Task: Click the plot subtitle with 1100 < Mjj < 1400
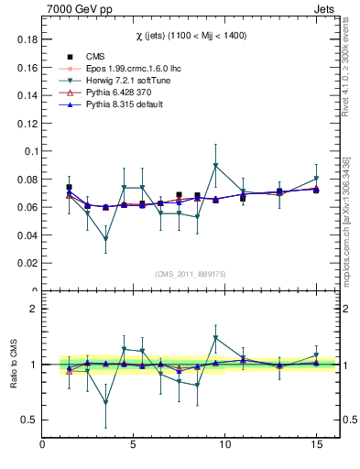point(191,35)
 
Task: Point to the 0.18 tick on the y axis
point(27,39)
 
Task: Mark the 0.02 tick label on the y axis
point(27,263)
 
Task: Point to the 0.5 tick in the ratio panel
point(28,420)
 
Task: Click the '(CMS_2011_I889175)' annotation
point(191,273)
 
